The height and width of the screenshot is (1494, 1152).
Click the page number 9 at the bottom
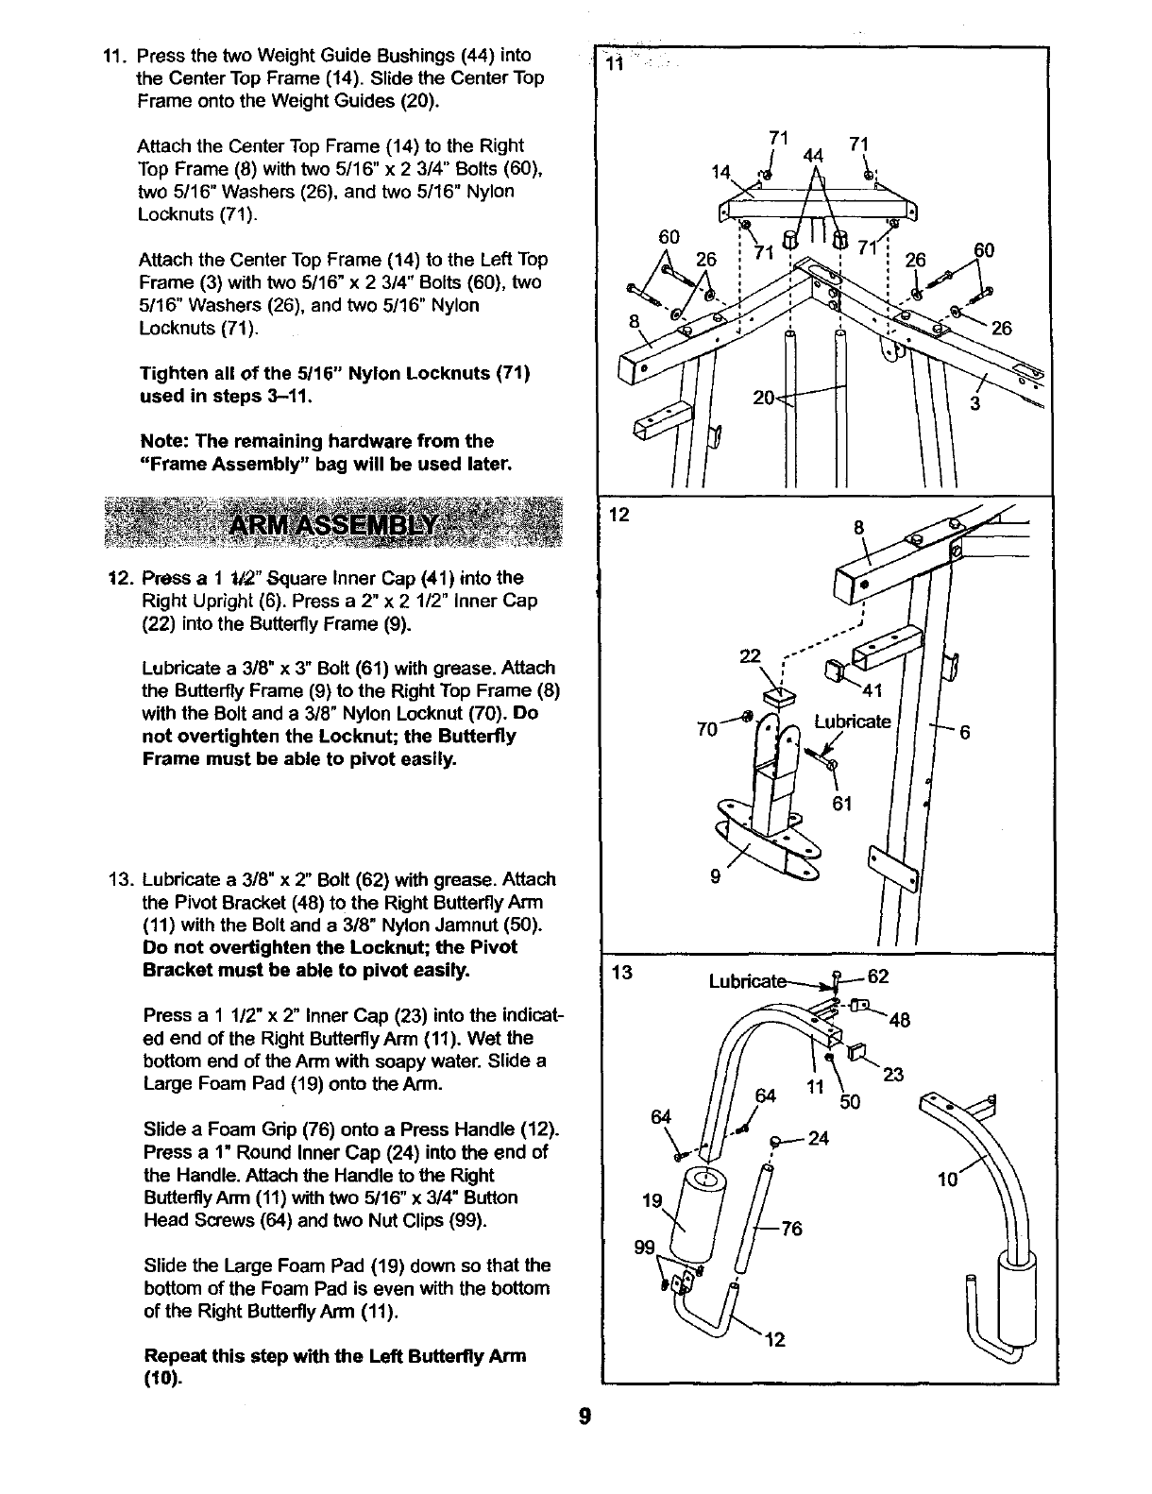coord(585,1418)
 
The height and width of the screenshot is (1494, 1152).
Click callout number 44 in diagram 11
coord(808,156)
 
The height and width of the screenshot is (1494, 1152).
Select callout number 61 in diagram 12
coord(842,803)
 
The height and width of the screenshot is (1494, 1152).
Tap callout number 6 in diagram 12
coord(965,733)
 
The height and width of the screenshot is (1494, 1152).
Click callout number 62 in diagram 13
coord(878,976)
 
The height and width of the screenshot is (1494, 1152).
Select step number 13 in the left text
coord(122,879)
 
